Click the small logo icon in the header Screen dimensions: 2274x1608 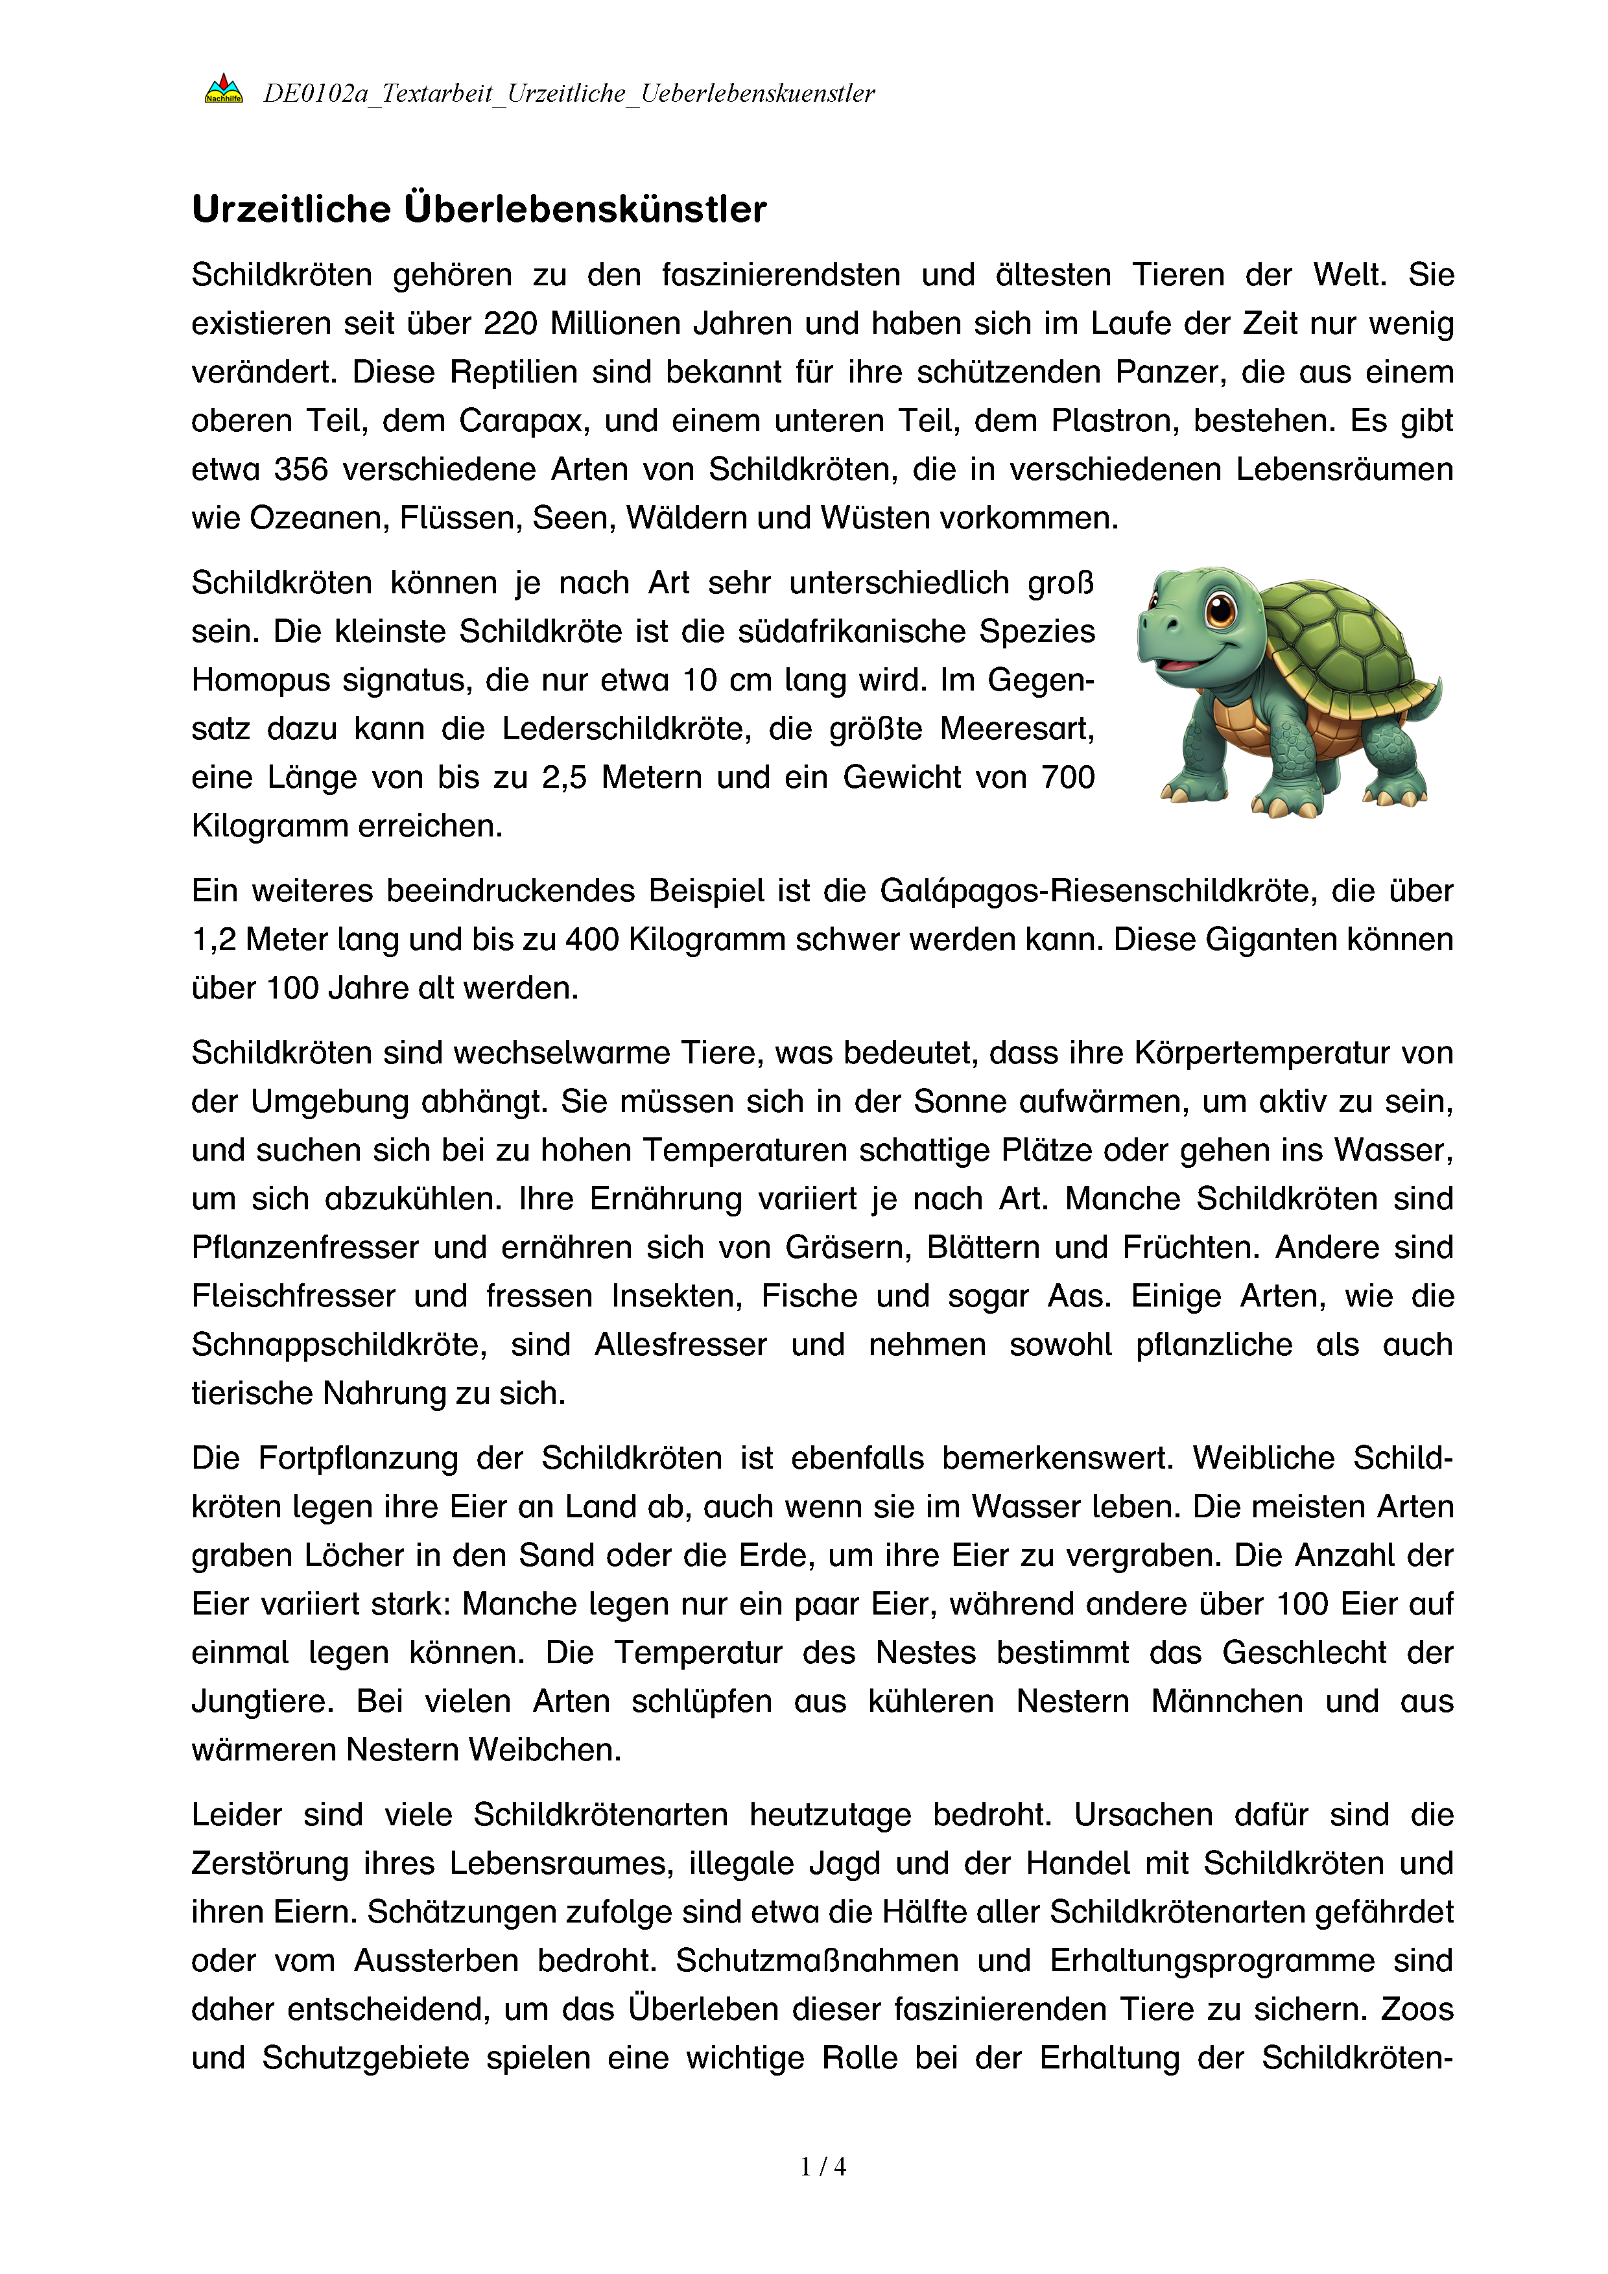(224, 89)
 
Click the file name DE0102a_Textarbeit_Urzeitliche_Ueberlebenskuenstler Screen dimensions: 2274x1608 (569, 93)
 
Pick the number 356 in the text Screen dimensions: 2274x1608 (300, 469)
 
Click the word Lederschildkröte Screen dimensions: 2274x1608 (627, 729)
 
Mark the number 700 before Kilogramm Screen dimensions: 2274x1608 (1067, 777)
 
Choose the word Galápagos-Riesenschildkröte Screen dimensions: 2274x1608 (1096, 892)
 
